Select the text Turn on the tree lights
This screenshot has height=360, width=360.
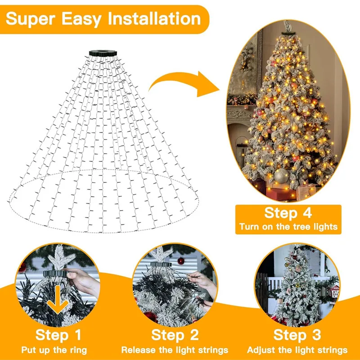288,226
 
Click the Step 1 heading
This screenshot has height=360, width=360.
59,335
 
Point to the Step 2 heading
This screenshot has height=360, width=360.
175,335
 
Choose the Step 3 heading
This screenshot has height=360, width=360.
297,335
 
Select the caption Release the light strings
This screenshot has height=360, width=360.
175,350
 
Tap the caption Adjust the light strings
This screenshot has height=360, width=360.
297,350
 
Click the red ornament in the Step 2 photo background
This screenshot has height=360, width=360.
181,261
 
